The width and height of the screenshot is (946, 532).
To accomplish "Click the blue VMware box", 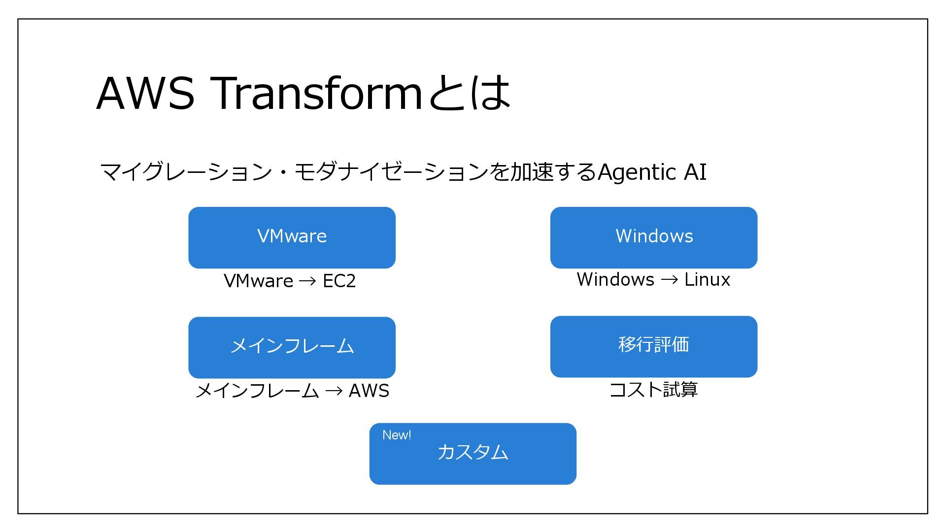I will (292, 237).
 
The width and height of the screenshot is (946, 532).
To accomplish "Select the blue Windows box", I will (653, 237).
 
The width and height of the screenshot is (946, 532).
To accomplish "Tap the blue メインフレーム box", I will (292, 347).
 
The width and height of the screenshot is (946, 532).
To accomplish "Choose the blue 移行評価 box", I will (653, 346).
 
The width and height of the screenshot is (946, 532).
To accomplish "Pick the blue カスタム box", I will (473, 454).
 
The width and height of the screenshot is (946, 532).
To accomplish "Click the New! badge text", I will (397, 435).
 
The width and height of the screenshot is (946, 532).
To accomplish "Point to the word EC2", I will (339, 281).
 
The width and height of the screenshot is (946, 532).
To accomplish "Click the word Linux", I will (707, 279).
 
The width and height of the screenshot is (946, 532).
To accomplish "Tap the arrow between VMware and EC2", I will (307, 281).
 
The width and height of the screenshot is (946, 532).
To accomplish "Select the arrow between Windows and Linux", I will (669, 280).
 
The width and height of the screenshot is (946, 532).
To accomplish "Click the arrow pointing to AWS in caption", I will (334, 391).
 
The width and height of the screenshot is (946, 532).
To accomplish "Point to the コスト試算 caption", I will (653, 390).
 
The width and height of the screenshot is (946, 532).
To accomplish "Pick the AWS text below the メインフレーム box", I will (369, 391).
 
